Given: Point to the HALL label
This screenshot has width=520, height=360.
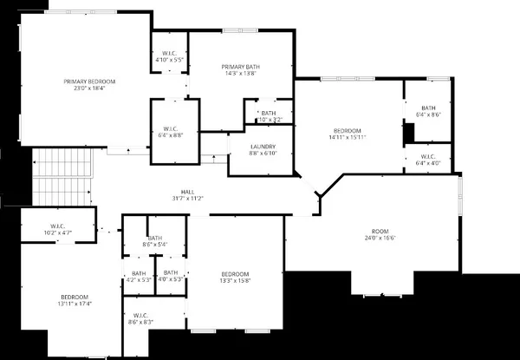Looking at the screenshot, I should point(187,192).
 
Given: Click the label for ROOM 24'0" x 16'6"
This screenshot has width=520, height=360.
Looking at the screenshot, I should point(380,232).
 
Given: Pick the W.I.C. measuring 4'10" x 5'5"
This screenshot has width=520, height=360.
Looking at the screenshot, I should point(170,56).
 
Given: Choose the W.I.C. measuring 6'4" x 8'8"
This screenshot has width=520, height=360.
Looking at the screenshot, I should point(170,131).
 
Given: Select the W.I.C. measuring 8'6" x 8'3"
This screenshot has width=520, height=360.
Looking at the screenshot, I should point(140,318).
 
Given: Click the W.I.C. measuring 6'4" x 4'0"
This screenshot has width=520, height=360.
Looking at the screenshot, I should point(428,159).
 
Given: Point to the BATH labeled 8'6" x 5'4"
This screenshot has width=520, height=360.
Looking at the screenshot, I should point(155,241).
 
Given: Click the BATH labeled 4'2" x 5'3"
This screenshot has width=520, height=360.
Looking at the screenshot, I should point(139,276).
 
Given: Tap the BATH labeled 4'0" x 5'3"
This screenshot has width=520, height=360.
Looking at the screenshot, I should point(171,276).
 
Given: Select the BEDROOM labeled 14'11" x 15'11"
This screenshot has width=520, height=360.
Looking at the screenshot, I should point(348,133).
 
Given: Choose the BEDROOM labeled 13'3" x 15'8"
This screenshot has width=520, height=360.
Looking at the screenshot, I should point(235,277).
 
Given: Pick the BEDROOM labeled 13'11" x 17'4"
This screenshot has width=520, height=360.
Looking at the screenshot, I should point(74,299).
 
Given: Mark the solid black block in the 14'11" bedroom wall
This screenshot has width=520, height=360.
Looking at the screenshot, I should point(410,133).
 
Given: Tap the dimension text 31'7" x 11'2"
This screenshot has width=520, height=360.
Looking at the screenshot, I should point(187,199).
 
